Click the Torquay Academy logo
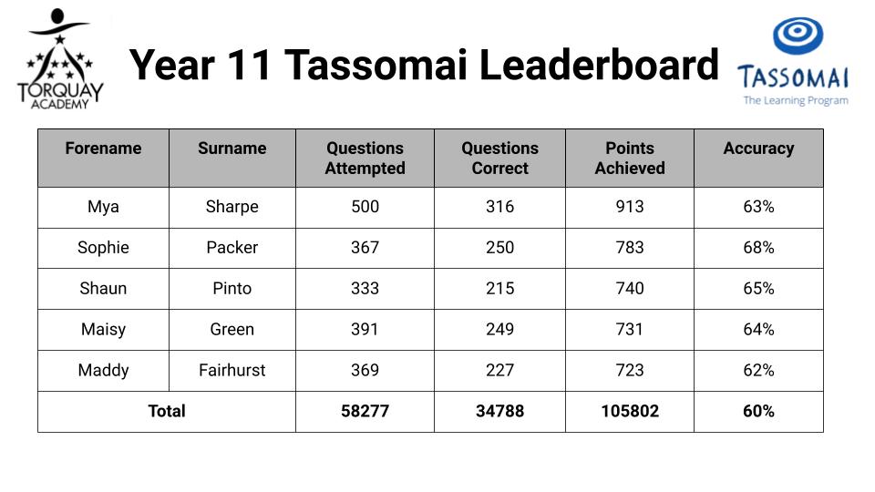click(60, 58)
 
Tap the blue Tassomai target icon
click(798, 36)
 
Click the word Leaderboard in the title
click(599, 65)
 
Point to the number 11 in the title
click(248, 65)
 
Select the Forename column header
click(103, 149)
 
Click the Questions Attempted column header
click(365, 158)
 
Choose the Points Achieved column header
click(630, 158)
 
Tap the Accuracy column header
click(758, 149)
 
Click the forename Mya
click(103, 207)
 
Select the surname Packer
click(232, 248)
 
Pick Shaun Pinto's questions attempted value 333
click(365, 289)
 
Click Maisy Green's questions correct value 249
click(500, 329)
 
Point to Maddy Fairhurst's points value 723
click(630, 371)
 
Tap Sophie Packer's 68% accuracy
click(758, 248)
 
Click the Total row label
click(166, 411)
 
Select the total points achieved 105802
click(630, 411)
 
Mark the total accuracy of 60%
click(758, 411)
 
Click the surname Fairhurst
click(232, 371)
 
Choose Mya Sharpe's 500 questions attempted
click(365, 207)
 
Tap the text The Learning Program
click(796, 100)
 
